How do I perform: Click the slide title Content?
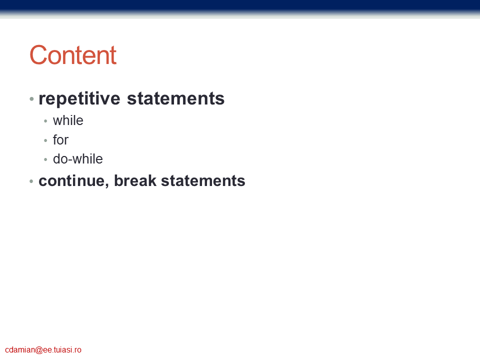point(73,55)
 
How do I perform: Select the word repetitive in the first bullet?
point(79,98)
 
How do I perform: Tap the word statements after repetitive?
point(175,98)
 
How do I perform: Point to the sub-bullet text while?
point(68,120)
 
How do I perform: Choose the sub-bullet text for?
point(60,139)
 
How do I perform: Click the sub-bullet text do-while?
point(78,159)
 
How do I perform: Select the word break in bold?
point(135,180)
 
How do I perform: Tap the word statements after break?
point(203,180)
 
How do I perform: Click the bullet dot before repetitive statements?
point(31,99)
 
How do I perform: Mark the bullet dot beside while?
point(45,121)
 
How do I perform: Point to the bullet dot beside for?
point(45,140)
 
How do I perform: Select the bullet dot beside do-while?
point(45,159)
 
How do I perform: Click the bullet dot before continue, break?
point(31,181)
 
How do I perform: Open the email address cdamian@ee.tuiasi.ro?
point(43,349)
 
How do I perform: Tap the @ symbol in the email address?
point(39,350)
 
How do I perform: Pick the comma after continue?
point(107,185)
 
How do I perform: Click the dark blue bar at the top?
point(240,6)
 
